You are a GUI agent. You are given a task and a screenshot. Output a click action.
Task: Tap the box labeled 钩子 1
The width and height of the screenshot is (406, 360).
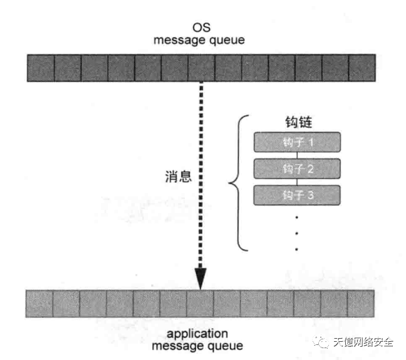(296, 142)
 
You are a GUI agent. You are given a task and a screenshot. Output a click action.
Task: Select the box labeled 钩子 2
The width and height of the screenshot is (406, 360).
(296, 169)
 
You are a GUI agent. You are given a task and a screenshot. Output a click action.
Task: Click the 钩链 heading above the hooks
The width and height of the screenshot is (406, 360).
(296, 123)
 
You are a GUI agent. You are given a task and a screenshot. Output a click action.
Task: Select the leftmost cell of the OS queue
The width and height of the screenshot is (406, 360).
(41, 67)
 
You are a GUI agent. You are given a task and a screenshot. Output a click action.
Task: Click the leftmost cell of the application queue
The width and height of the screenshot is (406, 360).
(39, 304)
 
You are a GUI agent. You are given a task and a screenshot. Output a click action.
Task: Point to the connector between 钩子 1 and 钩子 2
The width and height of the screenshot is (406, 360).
(296, 155)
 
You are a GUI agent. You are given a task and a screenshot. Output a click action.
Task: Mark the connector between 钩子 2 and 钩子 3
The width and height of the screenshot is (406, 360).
(296, 182)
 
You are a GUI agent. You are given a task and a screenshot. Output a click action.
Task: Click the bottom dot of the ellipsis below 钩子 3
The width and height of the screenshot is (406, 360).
(296, 249)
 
